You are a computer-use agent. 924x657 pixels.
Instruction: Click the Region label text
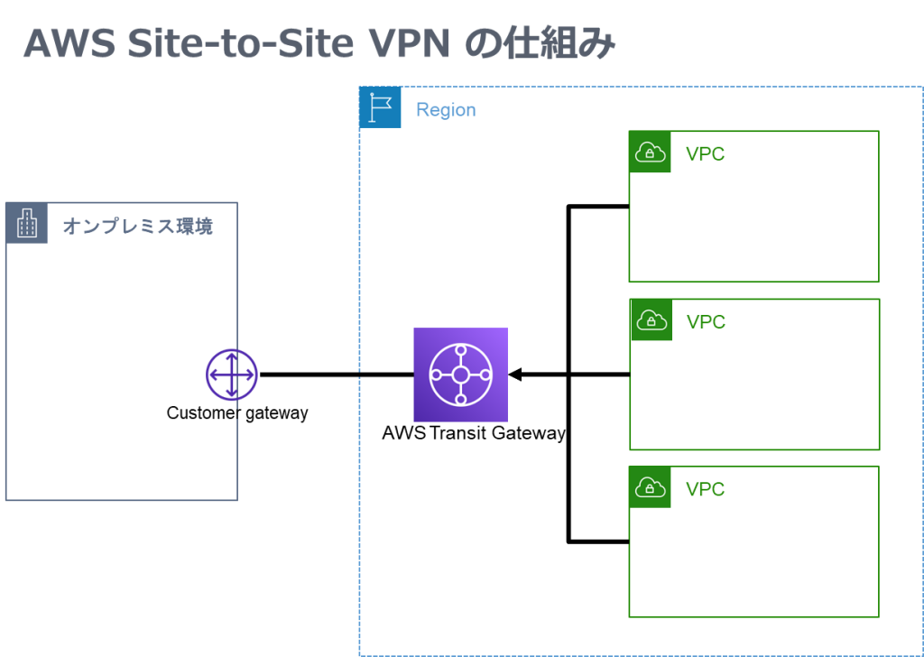pyautogui.click(x=446, y=110)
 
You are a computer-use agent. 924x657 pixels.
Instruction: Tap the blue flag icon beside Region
pyautogui.click(x=380, y=107)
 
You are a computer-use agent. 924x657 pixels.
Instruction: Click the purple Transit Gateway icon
pyautogui.click(x=460, y=375)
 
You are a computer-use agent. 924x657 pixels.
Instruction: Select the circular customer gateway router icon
pyautogui.click(x=232, y=375)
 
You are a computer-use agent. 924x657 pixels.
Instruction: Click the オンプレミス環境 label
pyautogui.click(x=137, y=227)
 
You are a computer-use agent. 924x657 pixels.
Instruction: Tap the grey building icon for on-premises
pyautogui.click(x=27, y=223)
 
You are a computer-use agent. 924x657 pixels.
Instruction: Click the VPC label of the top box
pyautogui.click(x=705, y=154)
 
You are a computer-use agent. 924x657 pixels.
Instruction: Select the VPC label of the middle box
pyautogui.click(x=706, y=322)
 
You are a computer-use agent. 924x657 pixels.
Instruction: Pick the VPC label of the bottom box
pyautogui.click(x=705, y=489)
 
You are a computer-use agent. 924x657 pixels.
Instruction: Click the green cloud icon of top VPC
pyautogui.click(x=650, y=153)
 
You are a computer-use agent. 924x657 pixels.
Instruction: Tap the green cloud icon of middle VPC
pyautogui.click(x=651, y=320)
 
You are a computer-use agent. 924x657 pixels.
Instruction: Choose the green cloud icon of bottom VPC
pyautogui.click(x=650, y=487)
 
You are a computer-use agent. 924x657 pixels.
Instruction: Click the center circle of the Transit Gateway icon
pyautogui.click(x=460, y=375)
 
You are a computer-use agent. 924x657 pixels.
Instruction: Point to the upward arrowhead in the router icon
pyautogui.click(x=232, y=356)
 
